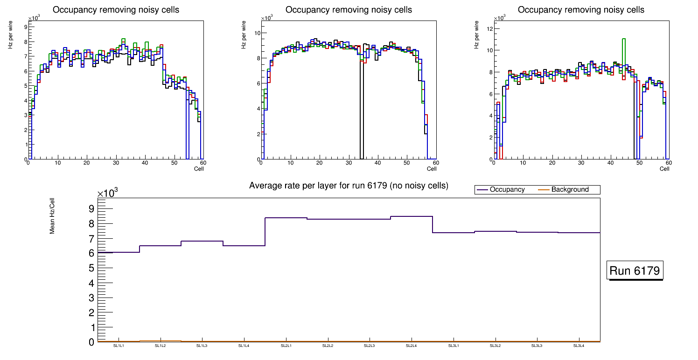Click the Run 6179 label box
pos(635,271)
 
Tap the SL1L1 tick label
pos(119,346)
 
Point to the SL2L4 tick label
pos(412,346)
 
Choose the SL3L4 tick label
pos(579,346)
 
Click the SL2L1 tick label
pos(286,346)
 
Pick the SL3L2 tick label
pos(495,346)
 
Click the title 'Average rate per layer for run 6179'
pos(349,186)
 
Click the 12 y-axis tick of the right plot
pos(490,28)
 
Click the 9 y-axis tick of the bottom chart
pos(91,208)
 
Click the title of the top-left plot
pos(116,10)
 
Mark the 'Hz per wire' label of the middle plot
pos(244,39)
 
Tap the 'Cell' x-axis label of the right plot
pos(664,168)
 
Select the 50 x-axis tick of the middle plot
pos(406,163)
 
